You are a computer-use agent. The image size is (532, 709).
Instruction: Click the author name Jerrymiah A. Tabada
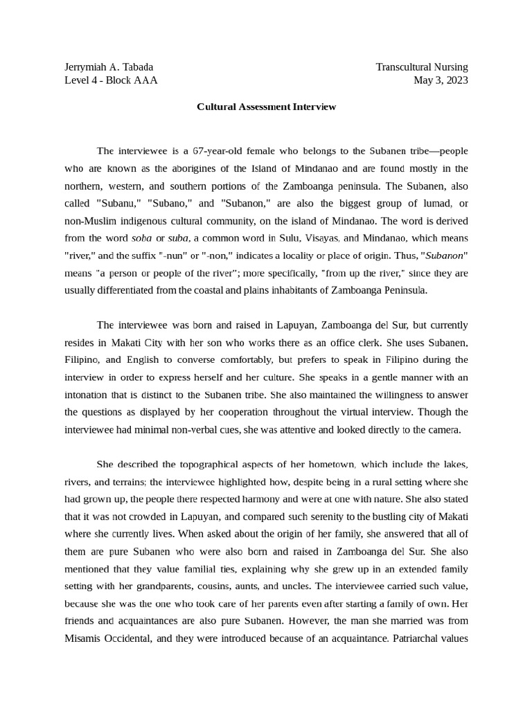coord(109,67)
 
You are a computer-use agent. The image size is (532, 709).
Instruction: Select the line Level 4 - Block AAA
coord(111,80)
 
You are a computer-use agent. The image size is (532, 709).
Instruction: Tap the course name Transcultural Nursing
coord(421,67)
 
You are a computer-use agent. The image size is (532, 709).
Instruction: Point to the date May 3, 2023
coord(441,80)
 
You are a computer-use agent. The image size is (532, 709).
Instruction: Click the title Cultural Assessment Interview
coord(266,107)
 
